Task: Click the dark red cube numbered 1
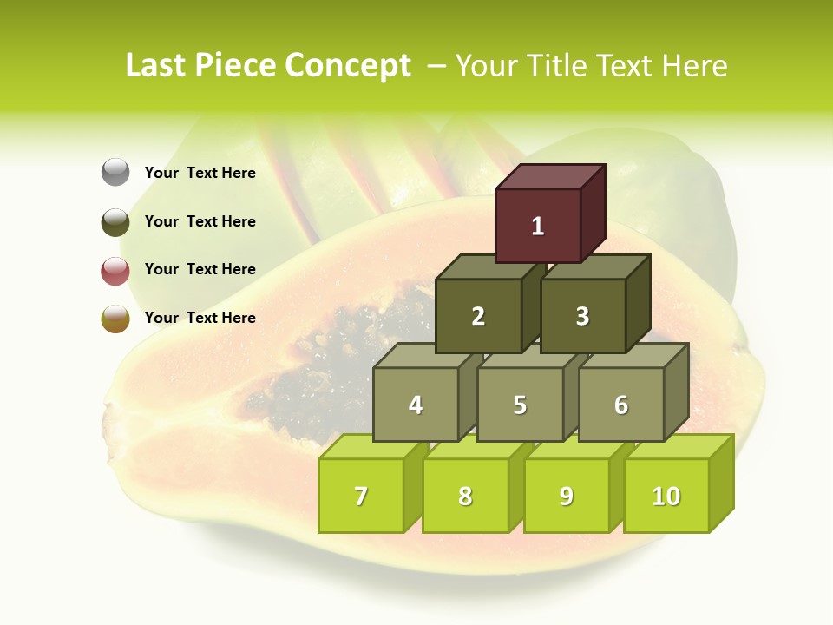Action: [538, 226]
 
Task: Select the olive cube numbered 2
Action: [478, 316]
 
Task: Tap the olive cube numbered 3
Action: [582, 316]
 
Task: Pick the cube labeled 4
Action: [416, 405]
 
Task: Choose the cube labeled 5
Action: [520, 405]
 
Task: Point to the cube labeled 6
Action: [621, 405]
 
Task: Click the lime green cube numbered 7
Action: [361, 496]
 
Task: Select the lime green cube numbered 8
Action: [465, 496]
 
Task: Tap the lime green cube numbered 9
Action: [567, 496]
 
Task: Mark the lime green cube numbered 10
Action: [666, 496]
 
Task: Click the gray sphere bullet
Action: [115, 172]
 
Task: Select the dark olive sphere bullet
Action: [115, 221]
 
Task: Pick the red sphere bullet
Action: [115, 270]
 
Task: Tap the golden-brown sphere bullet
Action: [115, 318]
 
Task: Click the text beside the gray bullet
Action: [200, 173]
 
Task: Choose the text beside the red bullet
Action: [200, 269]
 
